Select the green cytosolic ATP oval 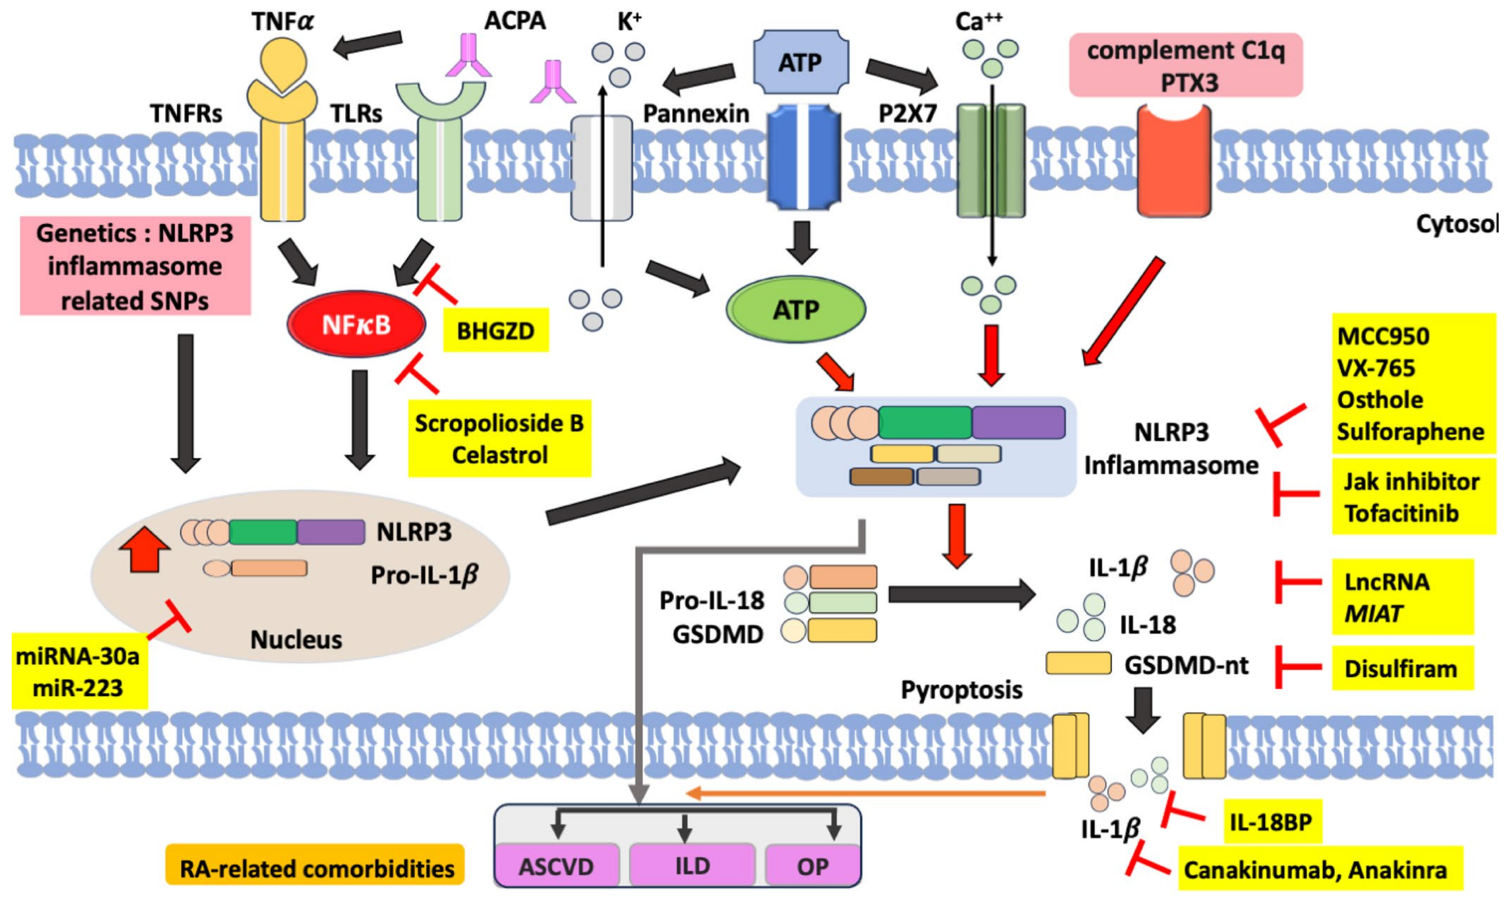tap(795, 310)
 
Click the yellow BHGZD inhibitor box tap(496, 330)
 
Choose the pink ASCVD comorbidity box tap(556, 866)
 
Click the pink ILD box tap(692, 866)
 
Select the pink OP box tap(813, 866)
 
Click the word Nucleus tap(297, 639)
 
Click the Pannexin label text tap(696, 114)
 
